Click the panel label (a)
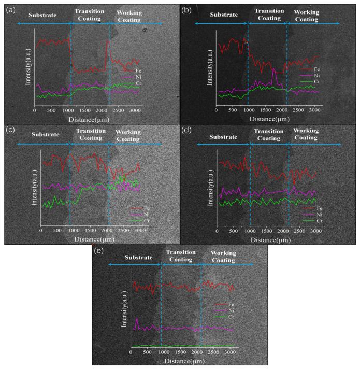[8, 8]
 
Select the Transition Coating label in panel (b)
[267, 15]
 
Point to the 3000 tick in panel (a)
[134, 110]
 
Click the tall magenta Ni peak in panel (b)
[274, 70]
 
